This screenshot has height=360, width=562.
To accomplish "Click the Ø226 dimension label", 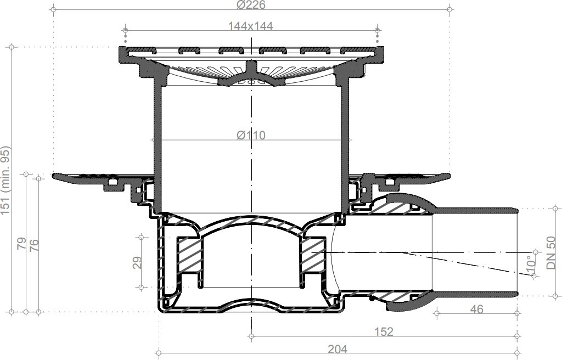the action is coord(251,4).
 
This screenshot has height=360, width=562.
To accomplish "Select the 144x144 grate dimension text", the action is coord(250,26).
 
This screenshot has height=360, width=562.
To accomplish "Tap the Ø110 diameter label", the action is coord(251,135).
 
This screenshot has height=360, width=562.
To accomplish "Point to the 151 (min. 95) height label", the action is coord(5,181).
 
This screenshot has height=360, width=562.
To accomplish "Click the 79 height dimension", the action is coord(22,244).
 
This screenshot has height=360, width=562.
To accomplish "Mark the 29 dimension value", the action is coord(137,262).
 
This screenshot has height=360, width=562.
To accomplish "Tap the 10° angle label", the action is coord(531,263).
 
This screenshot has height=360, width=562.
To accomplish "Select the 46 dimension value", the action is coord(476,309).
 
